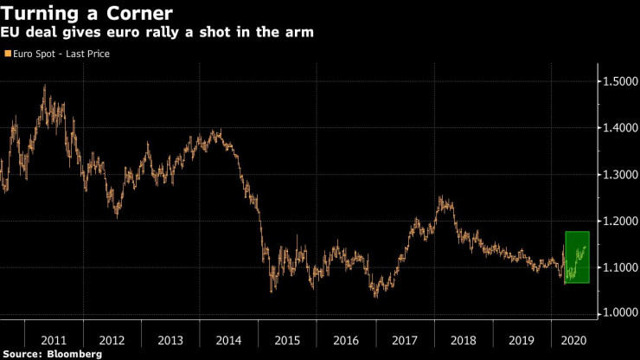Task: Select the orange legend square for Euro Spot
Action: point(8,54)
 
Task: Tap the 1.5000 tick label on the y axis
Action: point(619,81)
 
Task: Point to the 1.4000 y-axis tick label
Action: point(619,128)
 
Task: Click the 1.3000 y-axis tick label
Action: point(619,175)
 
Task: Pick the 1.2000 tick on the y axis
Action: point(619,222)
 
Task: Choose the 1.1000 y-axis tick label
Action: point(619,267)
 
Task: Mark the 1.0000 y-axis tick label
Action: point(619,313)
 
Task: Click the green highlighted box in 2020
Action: point(577,257)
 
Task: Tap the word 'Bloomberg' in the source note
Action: point(74,354)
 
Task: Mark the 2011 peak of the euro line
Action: point(44,85)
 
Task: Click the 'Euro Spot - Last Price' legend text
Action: point(61,54)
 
